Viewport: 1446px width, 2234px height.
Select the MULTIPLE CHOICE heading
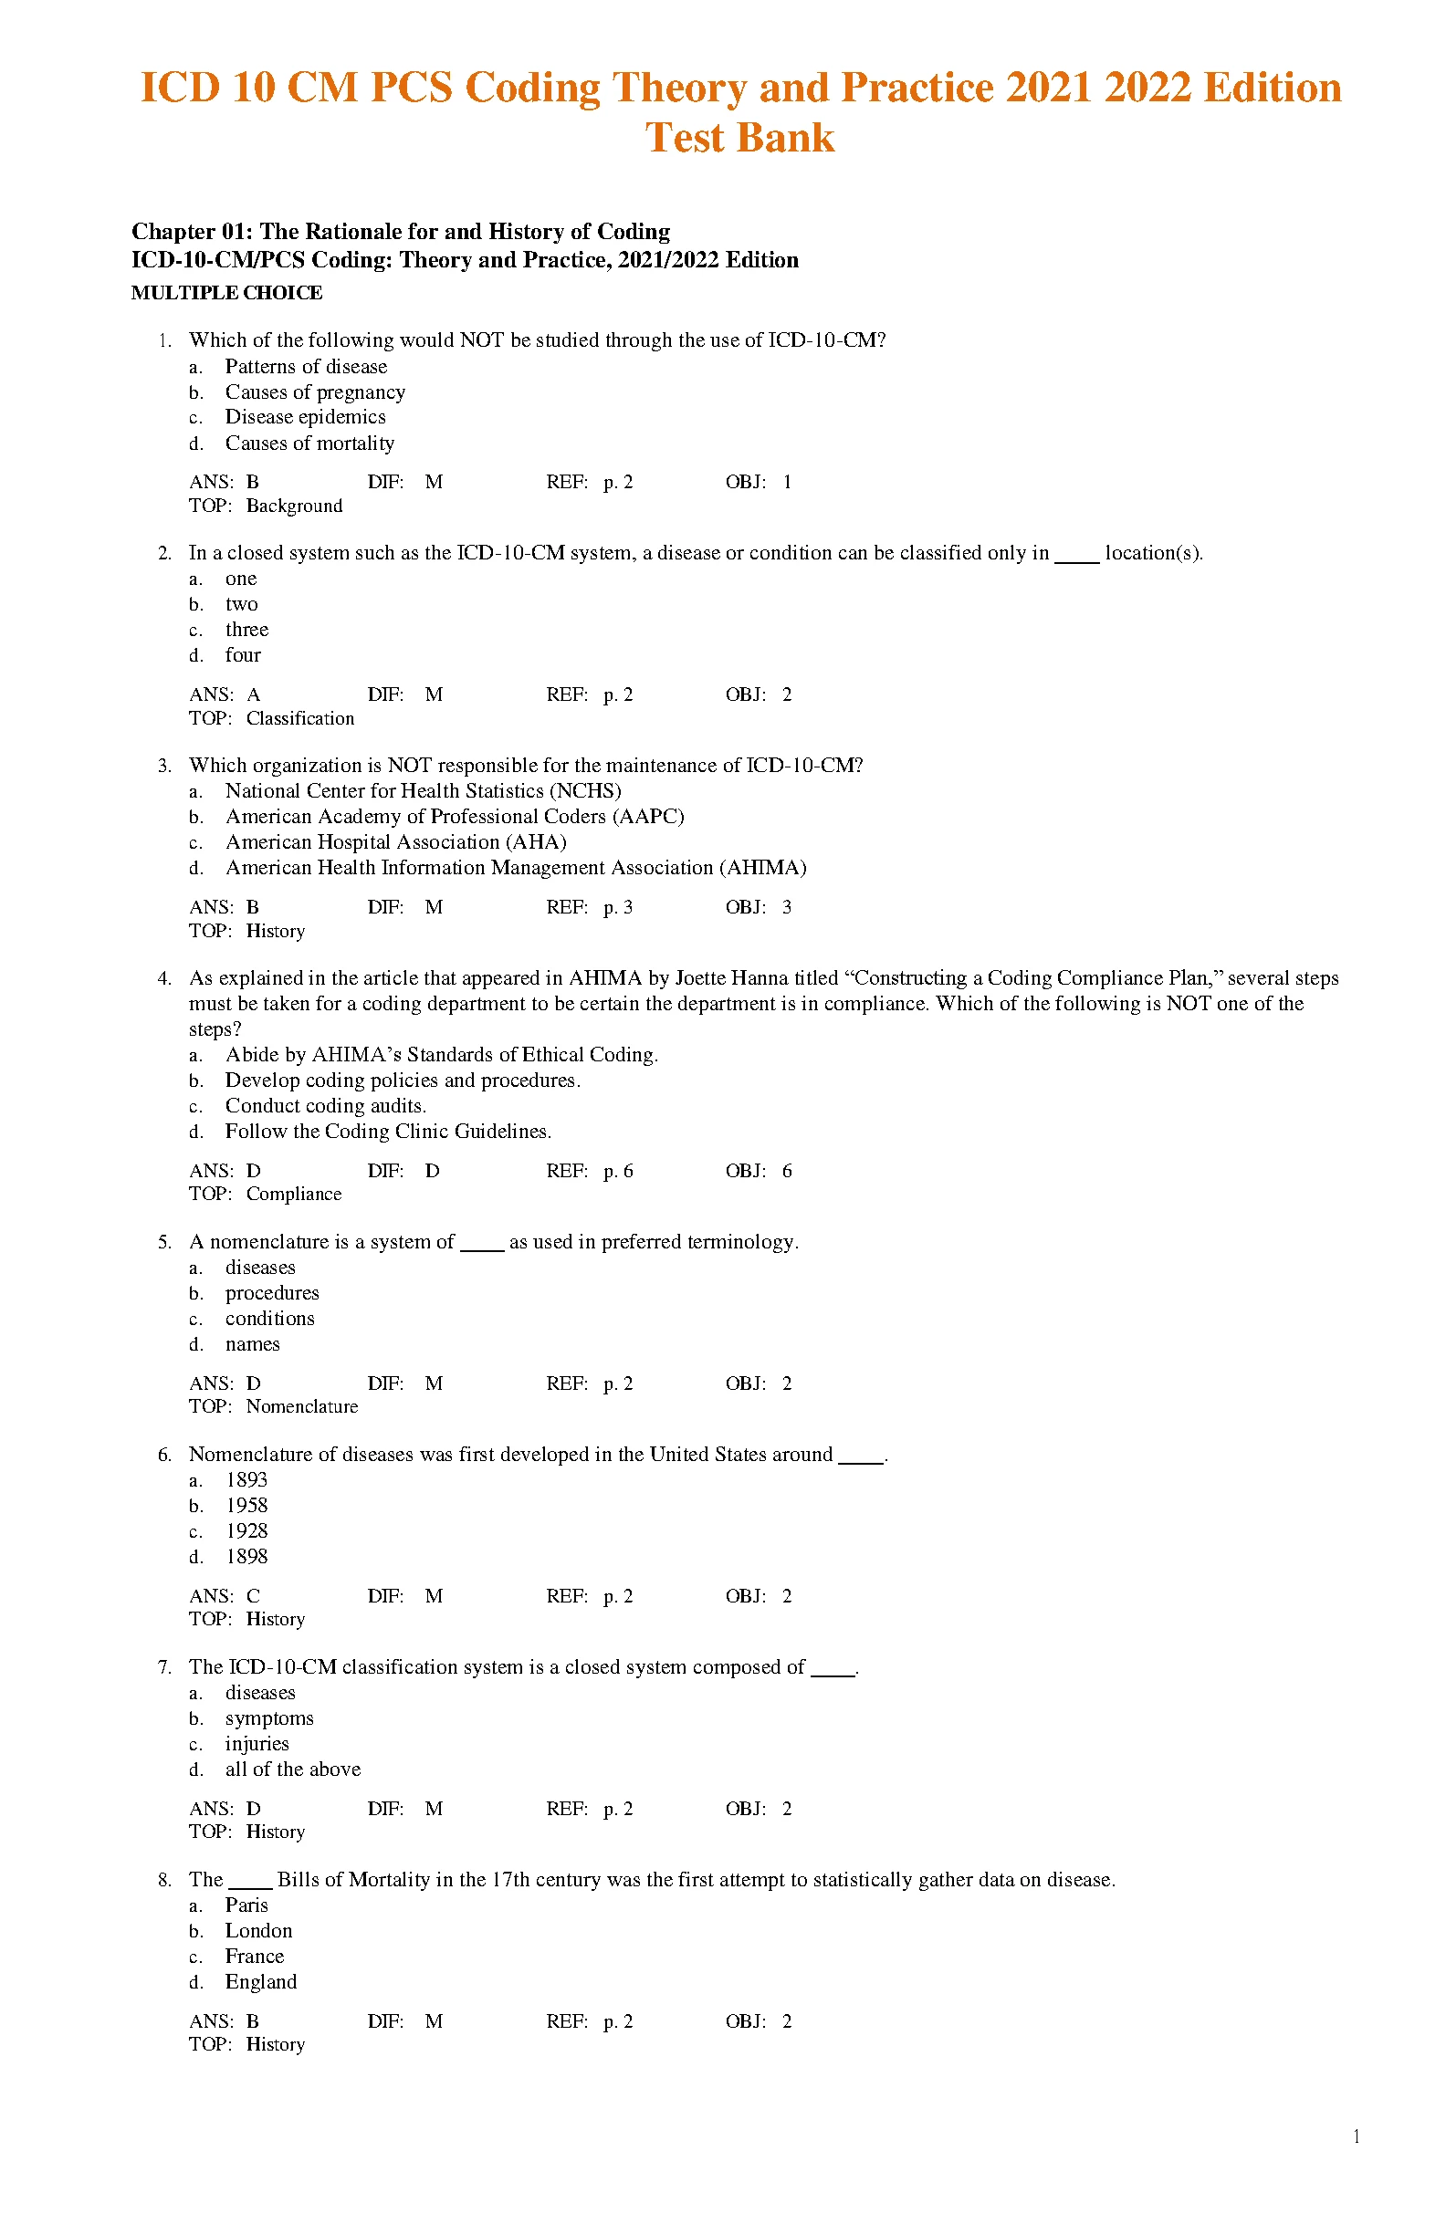click(x=226, y=293)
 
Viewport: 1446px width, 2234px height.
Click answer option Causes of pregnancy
click(x=315, y=392)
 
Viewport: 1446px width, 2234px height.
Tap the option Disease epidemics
click(x=305, y=417)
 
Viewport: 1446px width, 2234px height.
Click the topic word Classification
click(x=299, y=719)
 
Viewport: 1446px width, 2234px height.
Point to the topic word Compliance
click(x=294, y=1194)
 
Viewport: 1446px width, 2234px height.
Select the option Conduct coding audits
click(x=325, y=1106)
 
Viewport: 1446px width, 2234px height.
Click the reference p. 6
click(x=618, y=1171)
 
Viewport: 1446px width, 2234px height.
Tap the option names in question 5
click(x=252, y=1344)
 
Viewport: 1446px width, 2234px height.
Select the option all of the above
click(x=292, y=1769)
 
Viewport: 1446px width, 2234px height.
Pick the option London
click(x=258, y=1931)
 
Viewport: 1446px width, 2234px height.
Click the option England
click(x=260, y=1981)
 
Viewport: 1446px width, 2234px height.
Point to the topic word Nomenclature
click(x=301, y=1407)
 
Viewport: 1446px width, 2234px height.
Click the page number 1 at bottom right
click(x=1357, y=2137)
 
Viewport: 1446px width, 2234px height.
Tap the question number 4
click(x=164, y=978)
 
